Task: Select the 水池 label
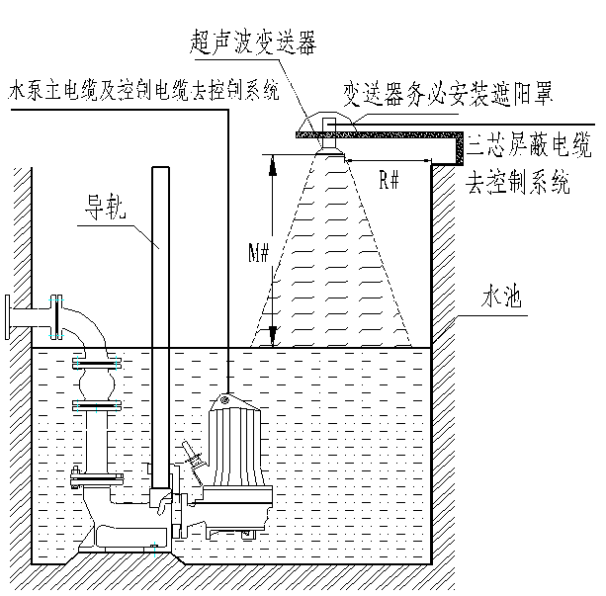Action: pos(500,296)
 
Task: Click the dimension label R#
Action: pos(389,179)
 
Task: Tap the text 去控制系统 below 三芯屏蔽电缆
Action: pos(518,184)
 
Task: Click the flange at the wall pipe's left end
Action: pos(11,317)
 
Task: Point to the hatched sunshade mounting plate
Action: pos(381,133)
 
